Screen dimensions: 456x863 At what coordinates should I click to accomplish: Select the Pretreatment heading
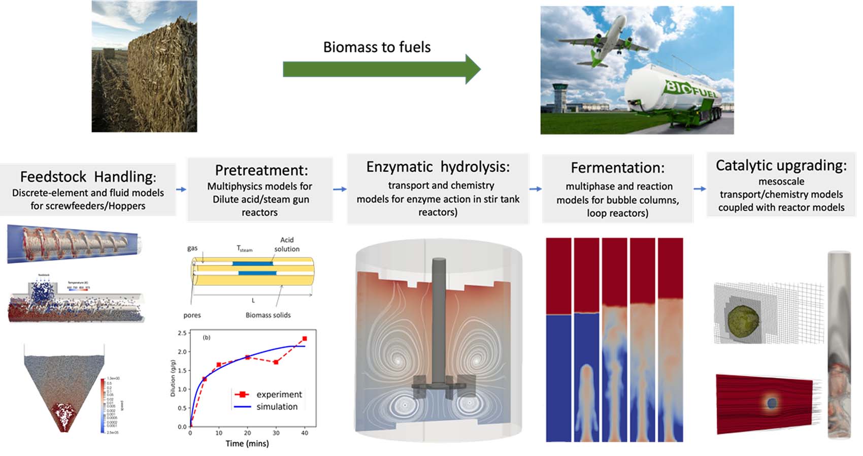tap(261, 170)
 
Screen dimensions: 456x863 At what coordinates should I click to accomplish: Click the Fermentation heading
tap(617, 168)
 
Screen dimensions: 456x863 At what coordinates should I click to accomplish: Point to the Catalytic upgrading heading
tap(781, 165)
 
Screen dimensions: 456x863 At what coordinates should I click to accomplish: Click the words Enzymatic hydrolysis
tap(438, 167)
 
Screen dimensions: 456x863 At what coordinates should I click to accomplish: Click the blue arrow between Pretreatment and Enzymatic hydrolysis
tap(340, 189)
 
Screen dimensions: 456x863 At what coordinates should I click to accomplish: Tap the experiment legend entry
tap(279, 395)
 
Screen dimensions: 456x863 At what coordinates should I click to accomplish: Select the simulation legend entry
tap(277, 407)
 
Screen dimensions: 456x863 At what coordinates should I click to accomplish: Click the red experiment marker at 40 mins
tap(305, 339)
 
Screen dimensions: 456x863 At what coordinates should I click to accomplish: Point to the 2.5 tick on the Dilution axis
tap(182, 333)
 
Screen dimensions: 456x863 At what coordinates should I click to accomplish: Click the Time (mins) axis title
tap(247, 443)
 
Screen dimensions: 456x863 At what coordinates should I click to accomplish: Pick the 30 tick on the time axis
tap(276, 433)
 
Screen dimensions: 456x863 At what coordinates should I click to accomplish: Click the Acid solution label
tap(287, 244)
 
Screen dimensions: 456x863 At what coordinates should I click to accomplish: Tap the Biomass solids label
tap(268, 315)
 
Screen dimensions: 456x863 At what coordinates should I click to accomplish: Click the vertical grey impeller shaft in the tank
tap(439, 320)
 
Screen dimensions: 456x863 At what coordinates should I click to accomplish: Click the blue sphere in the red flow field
tap(772, 403)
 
